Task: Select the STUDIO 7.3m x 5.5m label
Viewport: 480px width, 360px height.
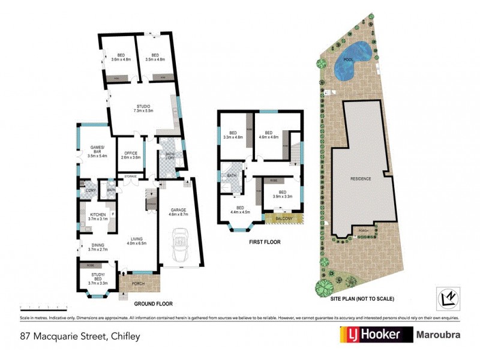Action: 143,109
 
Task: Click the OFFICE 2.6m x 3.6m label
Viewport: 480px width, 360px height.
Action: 130,155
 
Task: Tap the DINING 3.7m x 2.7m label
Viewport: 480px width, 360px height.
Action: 97,247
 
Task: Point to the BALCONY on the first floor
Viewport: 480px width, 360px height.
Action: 284,219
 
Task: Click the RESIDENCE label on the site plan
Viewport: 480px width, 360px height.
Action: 361,179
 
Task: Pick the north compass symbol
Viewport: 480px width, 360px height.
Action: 446,298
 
